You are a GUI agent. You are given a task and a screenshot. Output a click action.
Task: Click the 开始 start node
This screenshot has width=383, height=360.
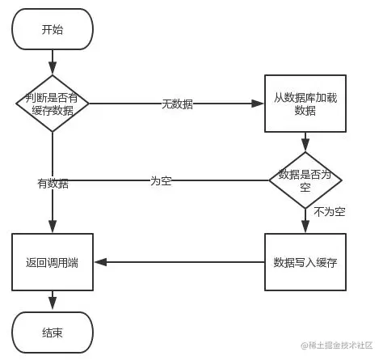(x=53, y=29)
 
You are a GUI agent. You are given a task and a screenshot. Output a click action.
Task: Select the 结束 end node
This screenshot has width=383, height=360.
(x=53, y=332)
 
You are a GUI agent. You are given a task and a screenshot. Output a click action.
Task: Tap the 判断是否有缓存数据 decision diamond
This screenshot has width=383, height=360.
(x=53, y=104)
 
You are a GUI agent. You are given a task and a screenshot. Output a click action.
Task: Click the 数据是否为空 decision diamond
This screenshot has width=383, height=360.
(x=305, y=180)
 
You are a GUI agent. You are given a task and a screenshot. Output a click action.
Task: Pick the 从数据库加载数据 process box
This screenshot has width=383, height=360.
(x=305, y=104)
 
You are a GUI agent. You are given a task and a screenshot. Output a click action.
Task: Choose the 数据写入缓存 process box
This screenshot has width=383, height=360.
(x=305, y=262)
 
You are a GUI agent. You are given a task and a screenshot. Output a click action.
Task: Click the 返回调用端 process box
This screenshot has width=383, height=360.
(x=53, y=262)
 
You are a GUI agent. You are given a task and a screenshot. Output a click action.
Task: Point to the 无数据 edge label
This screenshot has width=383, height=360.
(x=177, y=104)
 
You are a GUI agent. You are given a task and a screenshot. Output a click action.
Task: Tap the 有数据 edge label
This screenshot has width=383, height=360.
(x=53, y=184)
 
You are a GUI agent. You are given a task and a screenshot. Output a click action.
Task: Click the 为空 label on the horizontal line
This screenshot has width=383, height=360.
(x=161, y=180)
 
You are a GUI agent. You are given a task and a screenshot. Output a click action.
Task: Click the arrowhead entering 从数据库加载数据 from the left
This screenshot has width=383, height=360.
(x=260, y=104)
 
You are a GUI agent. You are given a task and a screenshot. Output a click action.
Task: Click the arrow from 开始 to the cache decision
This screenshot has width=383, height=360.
(x=53, y=61)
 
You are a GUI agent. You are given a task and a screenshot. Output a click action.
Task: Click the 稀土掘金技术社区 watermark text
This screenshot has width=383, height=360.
(x=339, y=347)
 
